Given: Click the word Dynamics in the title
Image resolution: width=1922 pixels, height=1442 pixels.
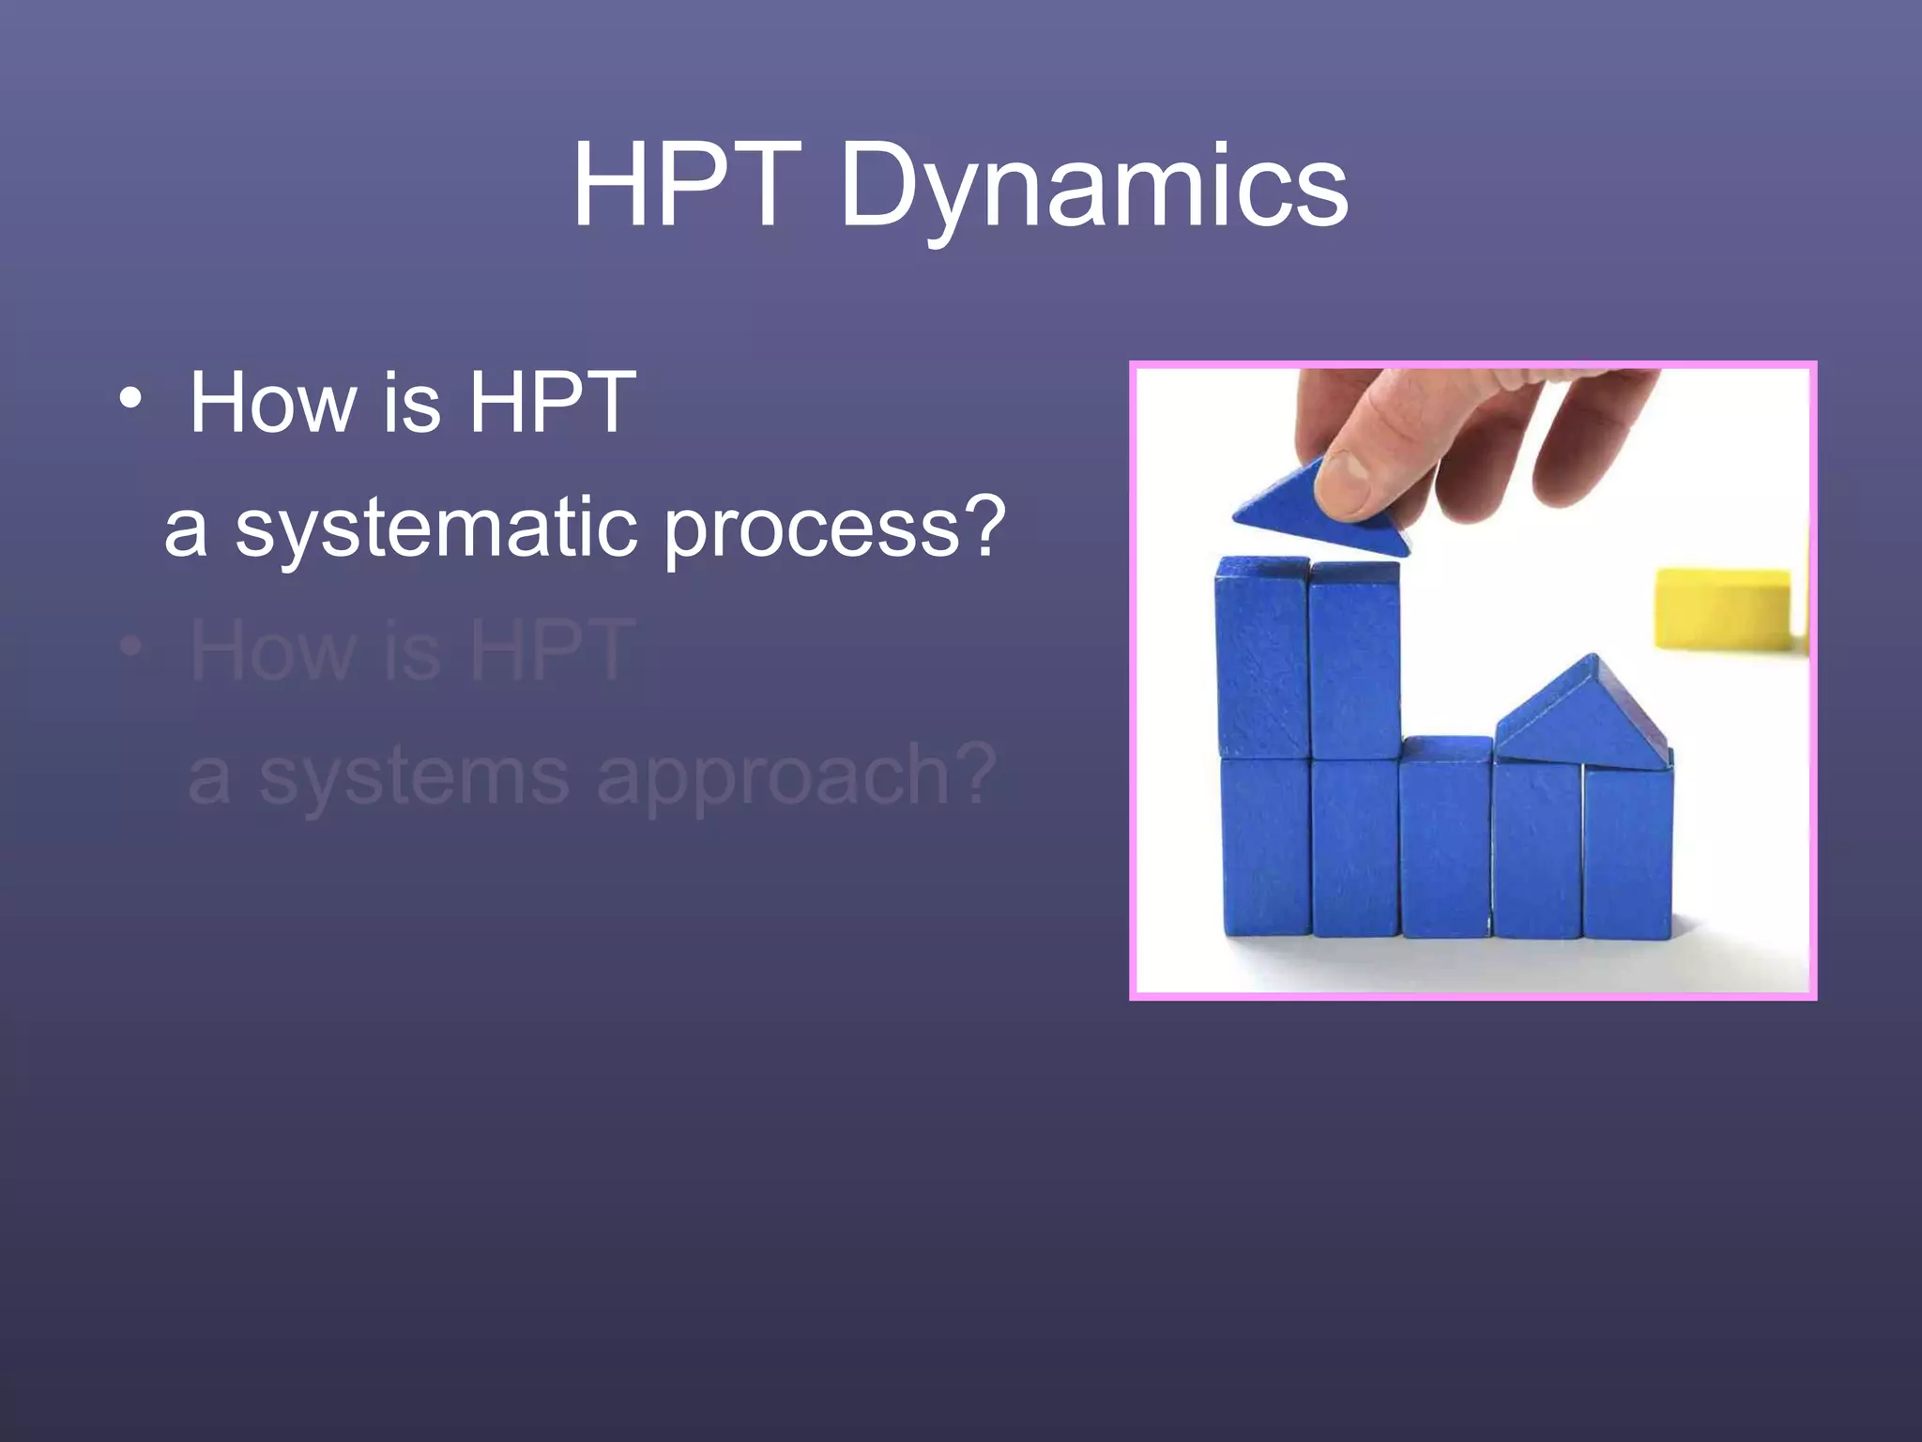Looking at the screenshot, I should coord(1093,188).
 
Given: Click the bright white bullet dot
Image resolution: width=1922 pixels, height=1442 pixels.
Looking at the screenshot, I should coord(131,399).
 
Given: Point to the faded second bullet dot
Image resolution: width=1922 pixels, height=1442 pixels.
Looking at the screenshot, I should coord(131,646).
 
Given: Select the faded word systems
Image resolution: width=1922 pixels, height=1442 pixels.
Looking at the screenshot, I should coord(413,777).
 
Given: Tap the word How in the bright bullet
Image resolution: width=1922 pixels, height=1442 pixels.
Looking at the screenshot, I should coord(272,403).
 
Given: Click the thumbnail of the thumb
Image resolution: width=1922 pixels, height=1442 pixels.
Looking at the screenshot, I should coord(1351,469).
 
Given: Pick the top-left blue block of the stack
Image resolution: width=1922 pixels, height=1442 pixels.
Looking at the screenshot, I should coord(1262,657).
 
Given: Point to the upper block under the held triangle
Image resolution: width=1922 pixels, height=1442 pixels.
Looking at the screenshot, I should coord(1354,662).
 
